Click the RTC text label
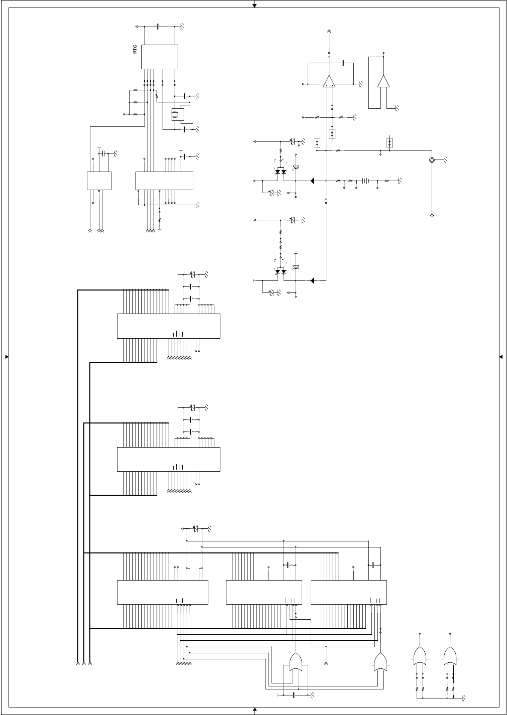pos(135,49)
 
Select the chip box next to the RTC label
pos(160,57)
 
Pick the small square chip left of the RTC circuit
pos(99,181)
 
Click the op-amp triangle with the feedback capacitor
pos(329,81)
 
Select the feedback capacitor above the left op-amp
pos(342,63)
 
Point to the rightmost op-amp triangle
pos(384,81)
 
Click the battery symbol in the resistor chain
pos(366,180)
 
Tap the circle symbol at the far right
pos(432,160)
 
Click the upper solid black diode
pos(312,180)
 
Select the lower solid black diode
pos(312,280)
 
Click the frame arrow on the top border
pos(255,5)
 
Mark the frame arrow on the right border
pos(501,357)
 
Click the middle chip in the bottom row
pos(264,593)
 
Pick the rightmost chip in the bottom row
pos(349,593)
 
